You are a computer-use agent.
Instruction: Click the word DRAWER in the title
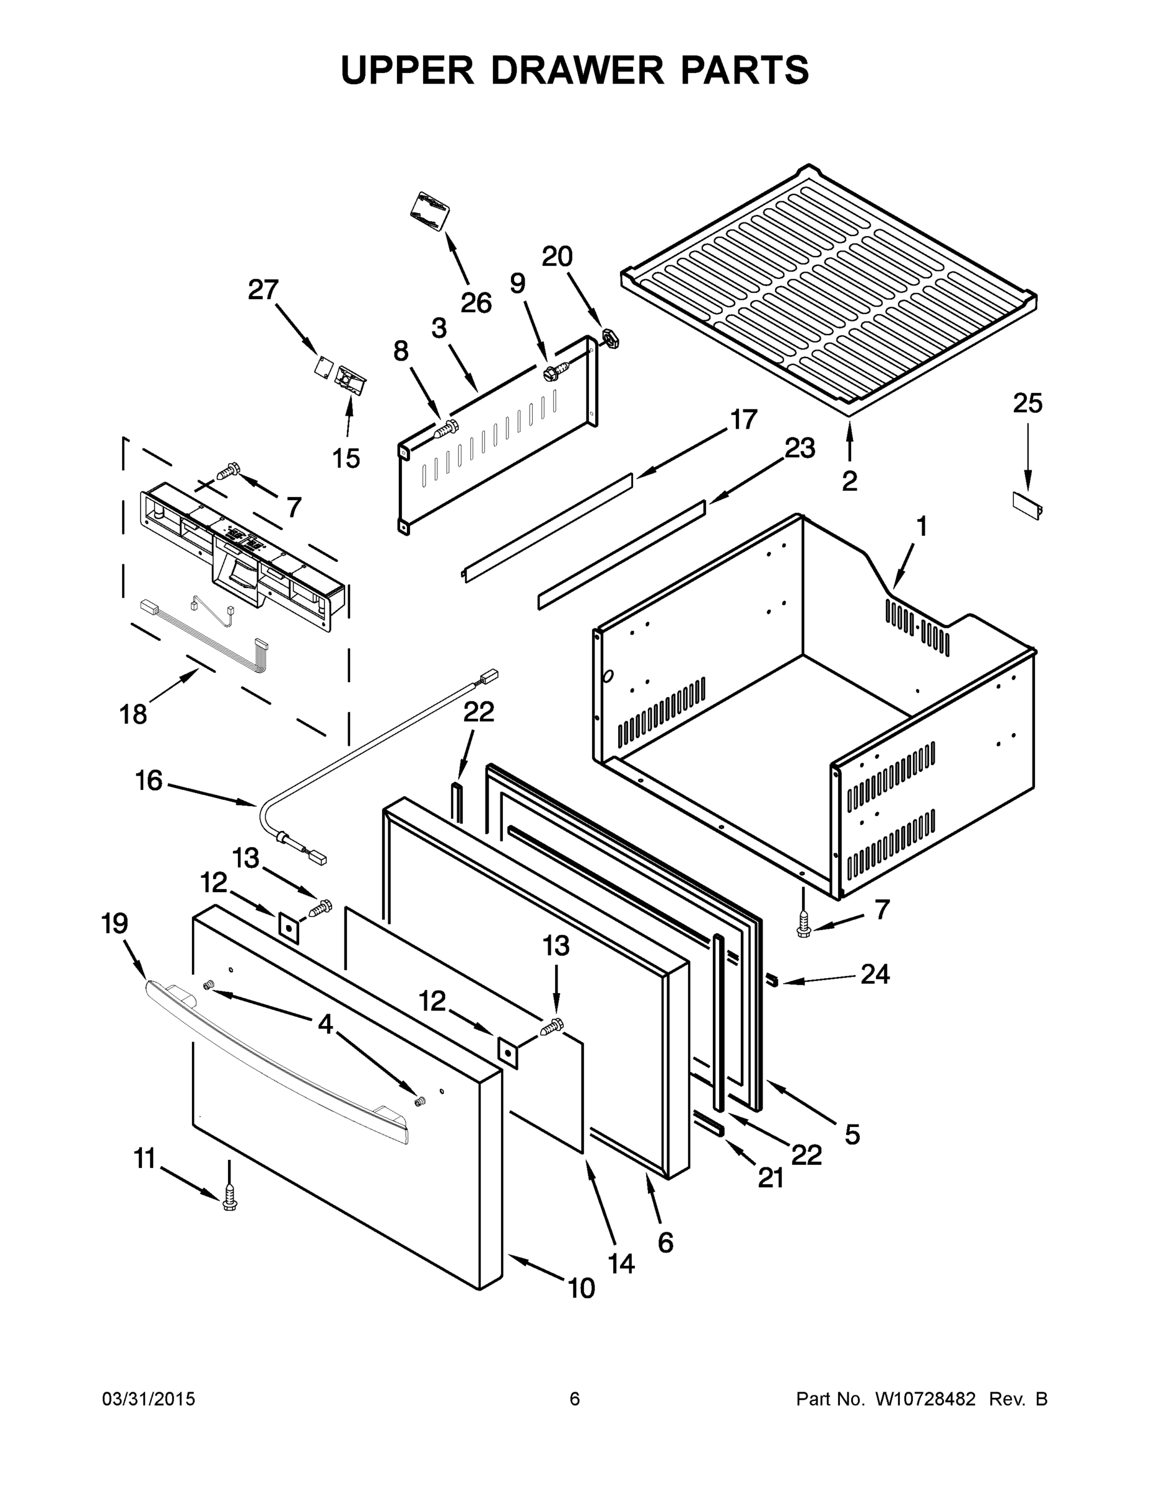point(577,70)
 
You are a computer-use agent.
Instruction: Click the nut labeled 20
point(611,338)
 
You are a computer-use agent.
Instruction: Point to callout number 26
point(476,303)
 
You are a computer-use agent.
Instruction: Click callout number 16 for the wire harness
point(149,780)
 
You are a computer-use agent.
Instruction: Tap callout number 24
point(875,975)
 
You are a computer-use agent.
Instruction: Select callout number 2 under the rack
point(849,481)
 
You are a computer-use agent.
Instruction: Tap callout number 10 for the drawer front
point(580,1288)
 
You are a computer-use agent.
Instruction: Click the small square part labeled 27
point(323,366)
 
